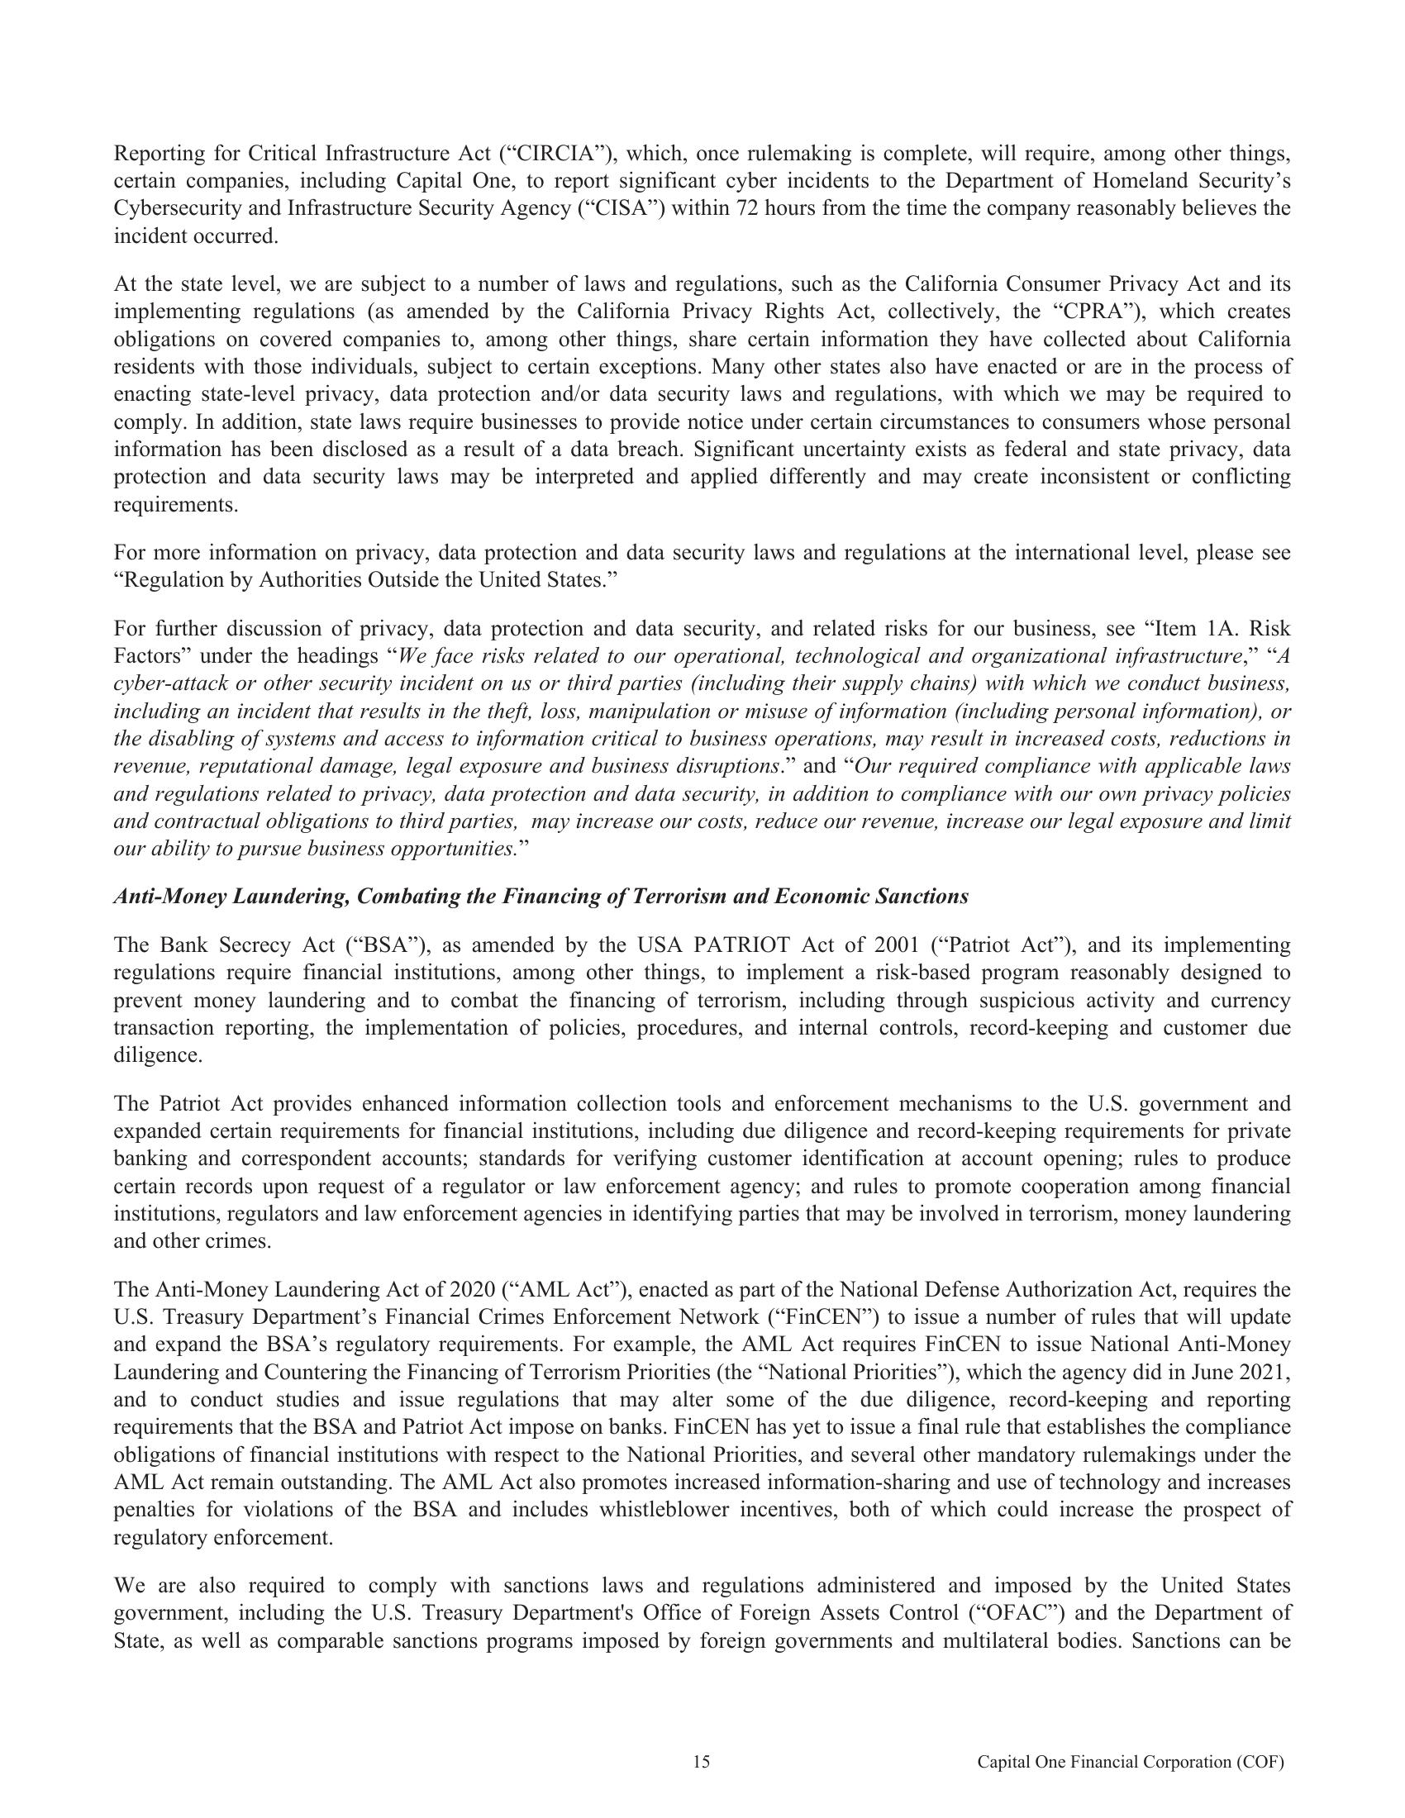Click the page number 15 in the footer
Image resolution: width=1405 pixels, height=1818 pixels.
pyautogui.click(x=702, y=1762)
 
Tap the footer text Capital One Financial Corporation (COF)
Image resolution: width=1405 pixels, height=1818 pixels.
pyautogui.click(x=1131, y=1762)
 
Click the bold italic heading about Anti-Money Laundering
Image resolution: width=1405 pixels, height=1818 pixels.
pyautogui.click(x=541, y=897)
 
